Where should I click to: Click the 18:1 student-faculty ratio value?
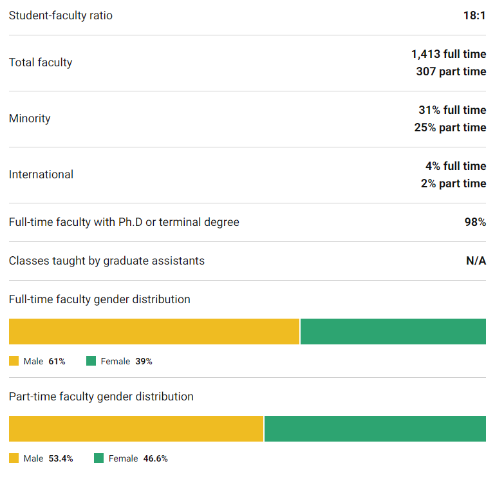tap(474, 15)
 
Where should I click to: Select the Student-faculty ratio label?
tap(61, 15)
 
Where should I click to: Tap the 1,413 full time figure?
tap(449, 54)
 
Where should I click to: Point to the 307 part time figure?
tap(451, 71)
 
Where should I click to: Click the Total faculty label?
tap(41, 62)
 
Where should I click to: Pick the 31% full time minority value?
tap(452, 110)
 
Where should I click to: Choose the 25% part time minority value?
tap(450, 127)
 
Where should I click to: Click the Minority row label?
tap(30, 118)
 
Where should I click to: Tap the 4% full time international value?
tap(455, 166)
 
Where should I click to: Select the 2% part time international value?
tap(453, 183)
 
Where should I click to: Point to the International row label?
tap(41, 174)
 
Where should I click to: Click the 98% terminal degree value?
tap(475, 222)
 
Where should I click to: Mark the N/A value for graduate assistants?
tap(476, 261)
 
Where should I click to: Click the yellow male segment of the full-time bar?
tap(154, 332)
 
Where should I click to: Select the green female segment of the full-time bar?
tap(393, 332)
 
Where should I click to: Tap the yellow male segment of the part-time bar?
tap(136, 429)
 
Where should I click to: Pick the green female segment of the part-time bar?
tap(375, 429)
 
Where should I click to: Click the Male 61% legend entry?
tap(38, 361)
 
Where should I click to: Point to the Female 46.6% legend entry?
tap(131, 458)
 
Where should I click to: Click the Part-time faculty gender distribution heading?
tap(101, 397)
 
